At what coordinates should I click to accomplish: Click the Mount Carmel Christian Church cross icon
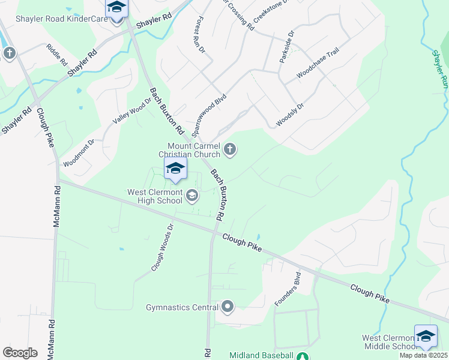click(x=230, y=149)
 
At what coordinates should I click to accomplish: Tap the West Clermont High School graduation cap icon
click(x=192, y=195)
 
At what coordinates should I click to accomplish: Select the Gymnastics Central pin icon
click(x=227, y=308)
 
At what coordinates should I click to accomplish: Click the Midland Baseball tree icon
click(x=303, y=356)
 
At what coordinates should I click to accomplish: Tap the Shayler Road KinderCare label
click(x=58, y=19)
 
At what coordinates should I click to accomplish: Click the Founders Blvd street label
click(x=288, y=290)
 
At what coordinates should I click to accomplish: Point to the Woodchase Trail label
click(x=318, y=70)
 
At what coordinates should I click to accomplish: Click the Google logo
click(x=20, y=353)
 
